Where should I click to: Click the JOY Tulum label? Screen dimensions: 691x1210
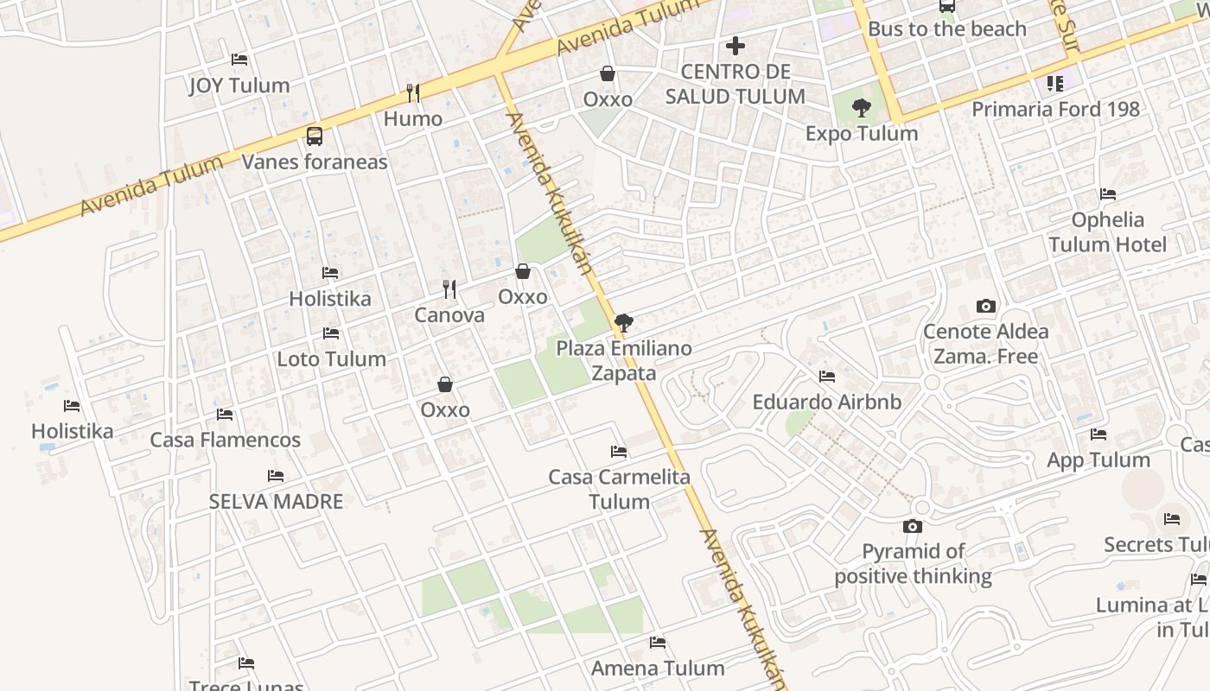pos(239,86)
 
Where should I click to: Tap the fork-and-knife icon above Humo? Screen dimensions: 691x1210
pos(413,92)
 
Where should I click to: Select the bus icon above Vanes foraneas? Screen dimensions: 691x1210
pos(315,136)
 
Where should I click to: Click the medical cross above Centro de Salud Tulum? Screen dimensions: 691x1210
pos(736,45)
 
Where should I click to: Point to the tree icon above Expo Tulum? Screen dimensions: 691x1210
pos(861,108)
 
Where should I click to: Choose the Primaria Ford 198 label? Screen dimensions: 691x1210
pos(1055,110)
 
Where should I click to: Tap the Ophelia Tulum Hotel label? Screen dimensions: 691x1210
pos(1107,232)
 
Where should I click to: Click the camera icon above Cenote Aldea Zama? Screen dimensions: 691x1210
pos(985,306)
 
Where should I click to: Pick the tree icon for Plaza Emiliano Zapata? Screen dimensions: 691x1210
pos(623,323)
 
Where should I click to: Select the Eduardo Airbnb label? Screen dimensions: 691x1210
pos(826,403)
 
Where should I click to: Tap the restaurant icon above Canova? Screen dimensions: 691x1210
pos(449,288)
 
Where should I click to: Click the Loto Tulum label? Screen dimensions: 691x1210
pos(331,358)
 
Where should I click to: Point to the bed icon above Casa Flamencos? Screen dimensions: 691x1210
pos(225,415)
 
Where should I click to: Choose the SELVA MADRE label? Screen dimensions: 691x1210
pos(276,501)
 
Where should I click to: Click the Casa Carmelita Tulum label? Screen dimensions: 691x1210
pos(619,489)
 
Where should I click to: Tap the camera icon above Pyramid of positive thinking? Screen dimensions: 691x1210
pos(912,526)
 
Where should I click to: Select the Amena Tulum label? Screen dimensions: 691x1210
pos(658,668)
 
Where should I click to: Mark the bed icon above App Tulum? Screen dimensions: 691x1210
pos(1099,434)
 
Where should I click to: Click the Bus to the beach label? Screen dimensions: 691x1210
pos(946,29)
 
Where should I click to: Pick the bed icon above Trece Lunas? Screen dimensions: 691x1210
pos(246,663)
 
